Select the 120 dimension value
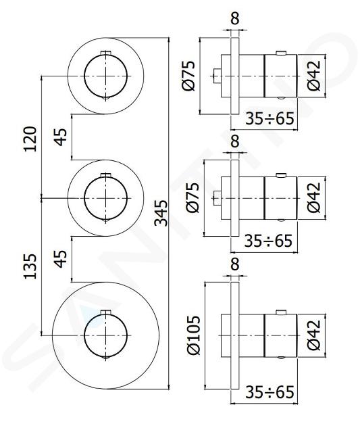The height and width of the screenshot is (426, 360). [x=30, y=139]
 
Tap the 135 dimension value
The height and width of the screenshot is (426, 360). [x=30, y=266]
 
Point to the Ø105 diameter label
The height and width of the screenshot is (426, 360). [x=193, y=335]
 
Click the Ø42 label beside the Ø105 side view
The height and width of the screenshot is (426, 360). [x=314, y=335]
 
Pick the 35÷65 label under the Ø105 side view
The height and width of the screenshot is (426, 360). [x=269, y=392]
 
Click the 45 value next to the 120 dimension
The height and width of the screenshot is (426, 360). [x=60, y=137]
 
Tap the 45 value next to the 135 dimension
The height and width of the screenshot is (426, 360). [x=60, y=258]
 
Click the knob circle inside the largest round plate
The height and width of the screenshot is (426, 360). [x=84, y=335]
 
